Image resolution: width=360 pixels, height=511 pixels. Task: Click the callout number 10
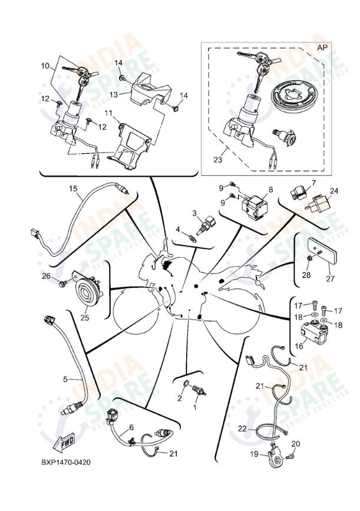click(x=45, y=66)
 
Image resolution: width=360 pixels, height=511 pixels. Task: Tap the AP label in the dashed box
click(x=322, y=47)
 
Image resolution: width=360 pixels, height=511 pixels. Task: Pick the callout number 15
click(x=73, y=189)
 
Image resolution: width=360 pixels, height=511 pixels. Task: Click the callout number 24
click(x=334, y=191)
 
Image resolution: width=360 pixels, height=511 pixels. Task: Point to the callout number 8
click(x=270, y=189)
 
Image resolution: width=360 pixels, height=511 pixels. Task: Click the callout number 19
click(x=255, y=454)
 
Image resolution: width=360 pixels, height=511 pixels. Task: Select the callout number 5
click(x=66, y=378)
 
